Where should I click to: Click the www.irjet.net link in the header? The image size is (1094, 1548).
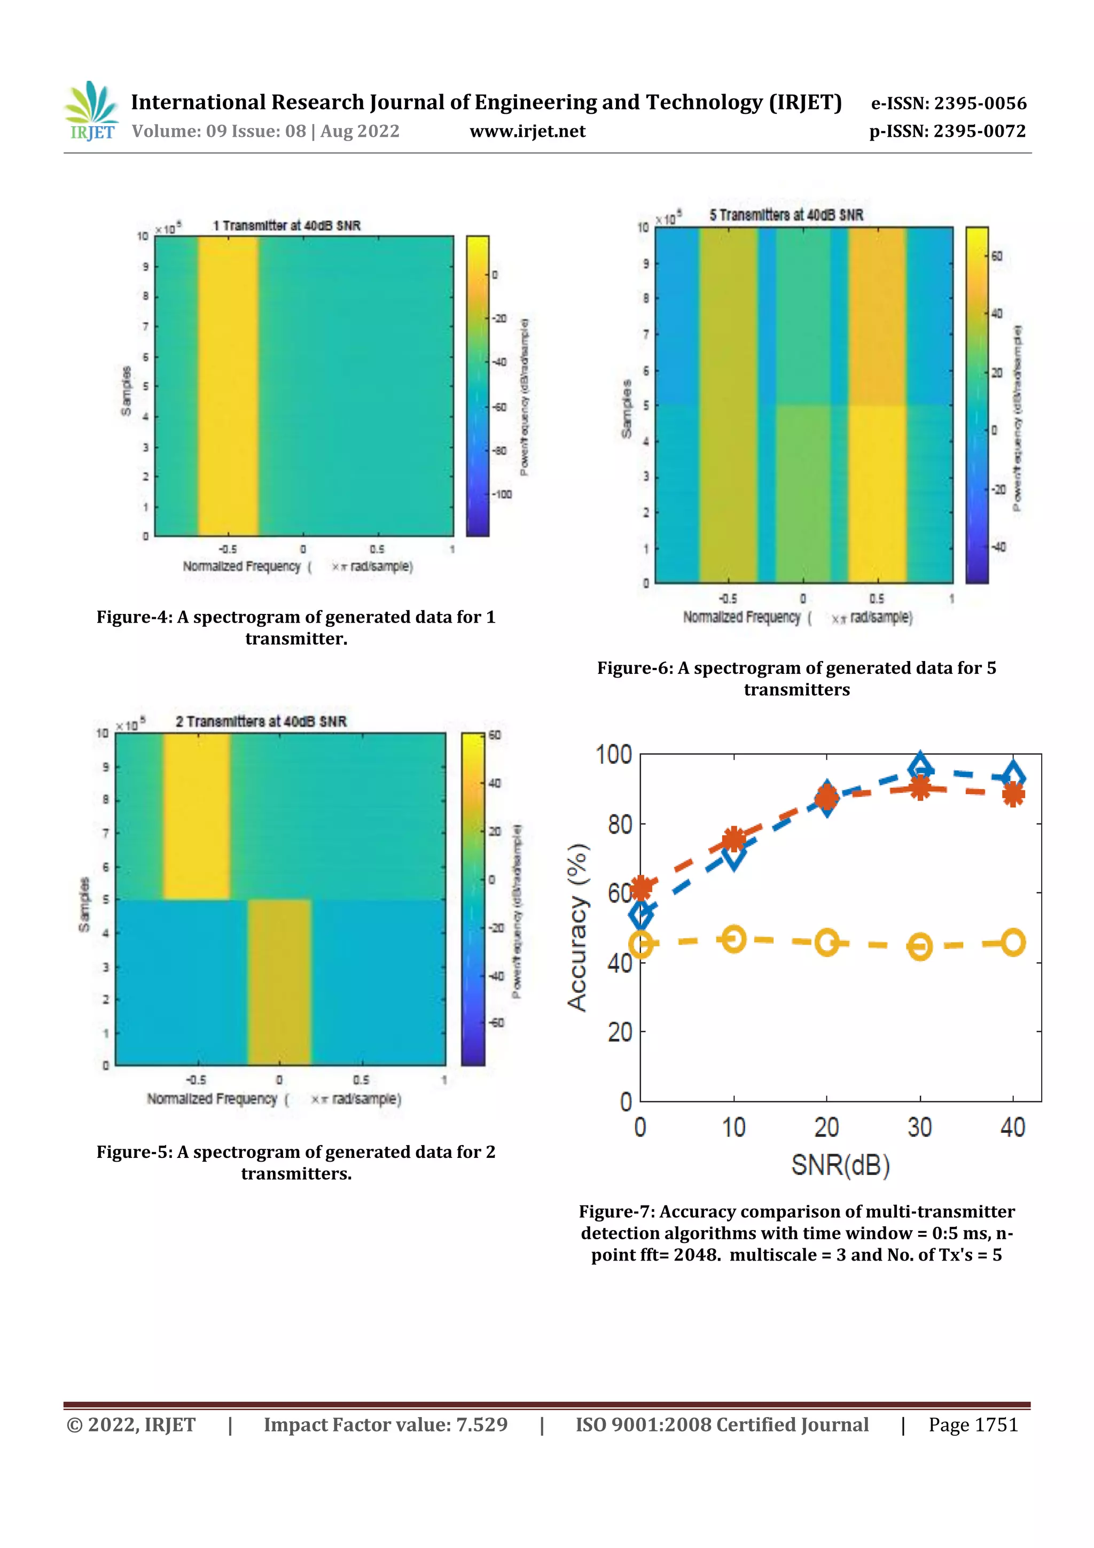527,131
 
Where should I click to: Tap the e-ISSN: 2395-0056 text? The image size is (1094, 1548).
948,103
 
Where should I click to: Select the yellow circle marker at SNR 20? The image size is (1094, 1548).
827,942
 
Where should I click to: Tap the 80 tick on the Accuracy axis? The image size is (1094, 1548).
620,824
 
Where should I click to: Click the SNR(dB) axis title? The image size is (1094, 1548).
840,1164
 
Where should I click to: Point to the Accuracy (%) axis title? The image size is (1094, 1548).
577,928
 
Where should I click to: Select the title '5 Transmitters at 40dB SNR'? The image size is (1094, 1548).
786,215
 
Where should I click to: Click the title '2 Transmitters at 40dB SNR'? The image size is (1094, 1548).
261,721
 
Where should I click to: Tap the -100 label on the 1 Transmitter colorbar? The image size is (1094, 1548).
502,494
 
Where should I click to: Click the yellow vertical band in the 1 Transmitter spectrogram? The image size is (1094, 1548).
228,386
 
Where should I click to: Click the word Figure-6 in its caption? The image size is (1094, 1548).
634,667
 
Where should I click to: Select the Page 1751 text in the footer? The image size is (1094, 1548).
973,1424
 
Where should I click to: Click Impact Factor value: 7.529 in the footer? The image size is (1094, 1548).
386,1424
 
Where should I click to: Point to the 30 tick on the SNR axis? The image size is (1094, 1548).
919,1127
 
